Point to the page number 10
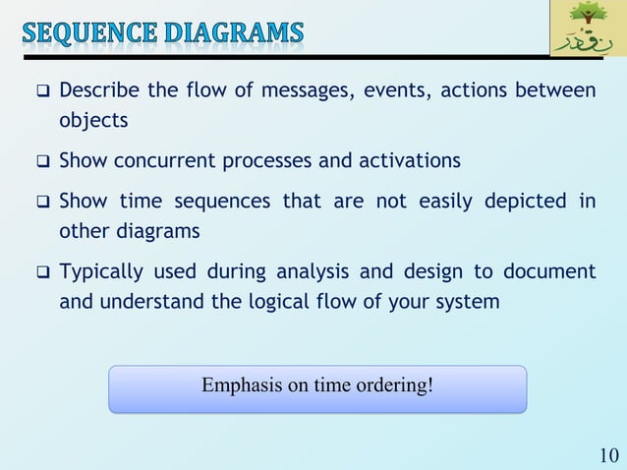608,455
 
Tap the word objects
93,122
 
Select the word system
469,302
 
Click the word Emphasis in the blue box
240,384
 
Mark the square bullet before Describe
43,92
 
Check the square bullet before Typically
43,272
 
